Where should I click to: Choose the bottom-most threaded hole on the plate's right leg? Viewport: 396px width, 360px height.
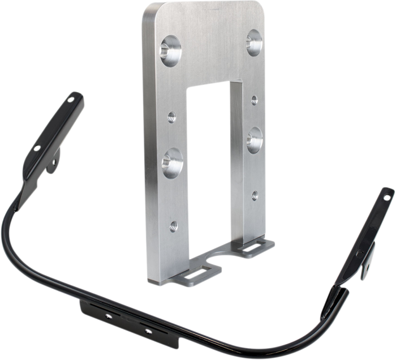[254, 195]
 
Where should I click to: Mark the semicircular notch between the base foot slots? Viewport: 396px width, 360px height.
[219, 263]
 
